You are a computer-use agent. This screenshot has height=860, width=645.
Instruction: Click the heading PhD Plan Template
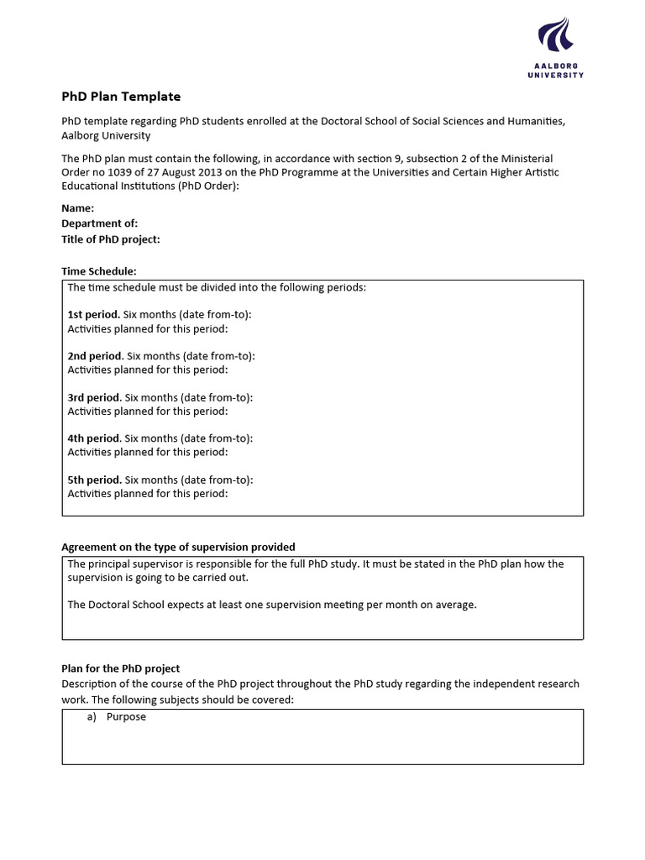[121, 97]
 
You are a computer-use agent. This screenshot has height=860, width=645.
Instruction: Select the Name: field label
[78, 208]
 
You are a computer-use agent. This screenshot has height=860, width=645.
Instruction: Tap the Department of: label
[100, 223]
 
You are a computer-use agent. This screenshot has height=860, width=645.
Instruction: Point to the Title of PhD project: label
[111, 239]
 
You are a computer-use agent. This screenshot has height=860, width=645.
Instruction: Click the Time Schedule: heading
[99, 270]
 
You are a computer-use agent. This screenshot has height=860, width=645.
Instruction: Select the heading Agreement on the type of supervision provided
[178, 547]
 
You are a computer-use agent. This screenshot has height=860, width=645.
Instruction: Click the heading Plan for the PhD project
[121, 669]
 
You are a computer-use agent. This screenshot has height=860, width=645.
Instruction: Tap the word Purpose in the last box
[126, 717]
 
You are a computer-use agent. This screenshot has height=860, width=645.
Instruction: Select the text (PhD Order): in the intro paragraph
[208, 186]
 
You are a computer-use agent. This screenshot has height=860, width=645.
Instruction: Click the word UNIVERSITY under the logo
[555, 75]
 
